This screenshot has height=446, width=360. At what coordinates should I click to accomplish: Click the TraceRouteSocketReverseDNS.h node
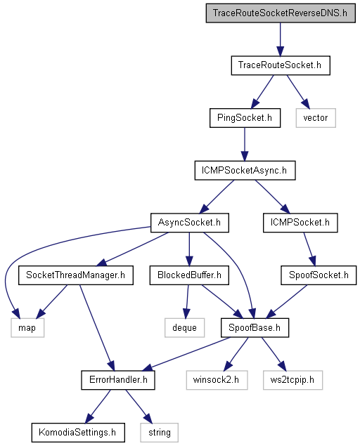[281, 13]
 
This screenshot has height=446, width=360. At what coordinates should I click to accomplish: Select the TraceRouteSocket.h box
[281, 65]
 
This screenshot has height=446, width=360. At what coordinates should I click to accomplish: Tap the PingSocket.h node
[245, 118]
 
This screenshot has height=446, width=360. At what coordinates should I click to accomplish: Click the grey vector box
[316, 118]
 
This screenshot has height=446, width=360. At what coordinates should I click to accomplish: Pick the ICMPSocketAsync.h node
[245, 171]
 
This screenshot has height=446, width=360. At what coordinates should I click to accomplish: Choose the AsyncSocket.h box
[189, 223]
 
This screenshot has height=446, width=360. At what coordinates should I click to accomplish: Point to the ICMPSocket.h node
[300, 223]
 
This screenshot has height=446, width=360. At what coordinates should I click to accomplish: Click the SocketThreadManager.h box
[76, 275]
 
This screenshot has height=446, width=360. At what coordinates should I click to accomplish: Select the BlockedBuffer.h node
[189, 275]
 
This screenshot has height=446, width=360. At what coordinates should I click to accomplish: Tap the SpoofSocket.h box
[319, 275]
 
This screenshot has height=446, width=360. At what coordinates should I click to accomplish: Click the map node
[27, 328]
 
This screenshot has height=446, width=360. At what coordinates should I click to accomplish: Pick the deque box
[184, 328]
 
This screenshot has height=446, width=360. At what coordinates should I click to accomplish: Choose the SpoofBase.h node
[255, 328]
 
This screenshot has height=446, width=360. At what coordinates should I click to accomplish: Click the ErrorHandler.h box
[118, 380]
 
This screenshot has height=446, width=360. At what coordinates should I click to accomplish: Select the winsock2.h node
[217, 380]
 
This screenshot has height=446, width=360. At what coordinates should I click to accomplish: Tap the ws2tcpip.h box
[292, 380]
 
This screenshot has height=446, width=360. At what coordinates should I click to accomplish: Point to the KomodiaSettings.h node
[78, 433]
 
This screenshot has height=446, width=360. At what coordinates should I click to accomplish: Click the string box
[159, 433]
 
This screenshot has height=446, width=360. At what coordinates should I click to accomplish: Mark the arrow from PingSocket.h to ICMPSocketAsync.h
[245, 144]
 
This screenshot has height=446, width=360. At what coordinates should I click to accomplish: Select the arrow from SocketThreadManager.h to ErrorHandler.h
[97, 328]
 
